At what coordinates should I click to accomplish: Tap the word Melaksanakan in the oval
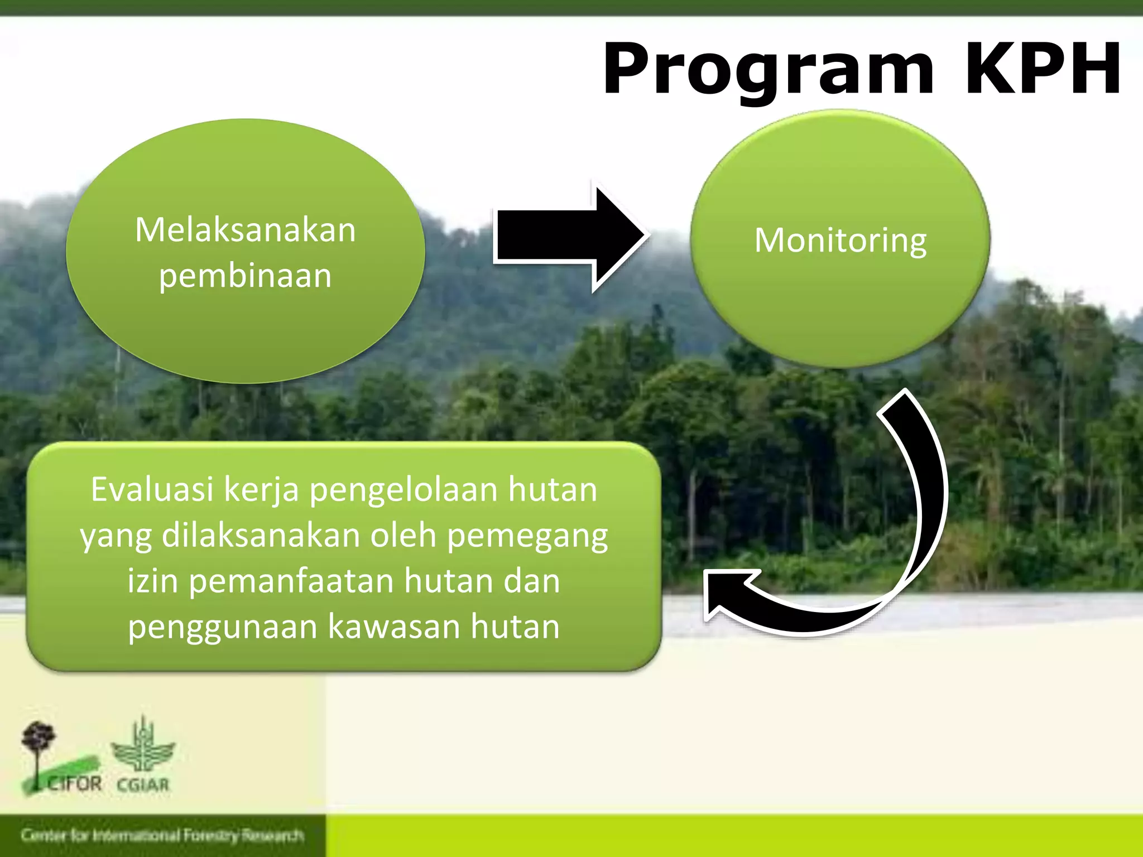(246, 230)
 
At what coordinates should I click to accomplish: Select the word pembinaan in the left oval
(246, 276)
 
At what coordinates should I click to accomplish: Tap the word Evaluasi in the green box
(152, 490)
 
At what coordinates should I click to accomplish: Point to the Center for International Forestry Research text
(162, 835)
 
